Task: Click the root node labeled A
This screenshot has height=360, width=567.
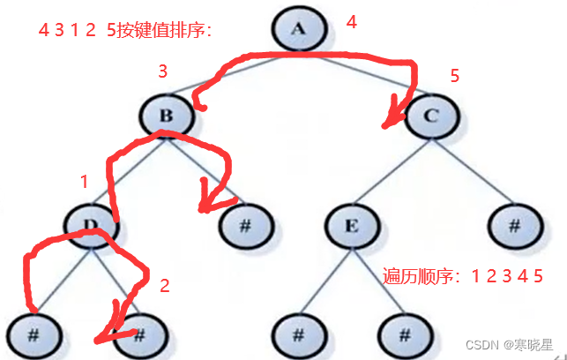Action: (297, 29)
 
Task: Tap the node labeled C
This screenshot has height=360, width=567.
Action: (431, 115)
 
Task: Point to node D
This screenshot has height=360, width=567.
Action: (91, 224)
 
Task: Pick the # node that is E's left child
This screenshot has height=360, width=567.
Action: (297, 334)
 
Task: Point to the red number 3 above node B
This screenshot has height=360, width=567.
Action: (162, 71)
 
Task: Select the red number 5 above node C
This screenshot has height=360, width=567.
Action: (454, 76)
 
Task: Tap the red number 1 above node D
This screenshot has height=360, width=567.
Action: (84, 183)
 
